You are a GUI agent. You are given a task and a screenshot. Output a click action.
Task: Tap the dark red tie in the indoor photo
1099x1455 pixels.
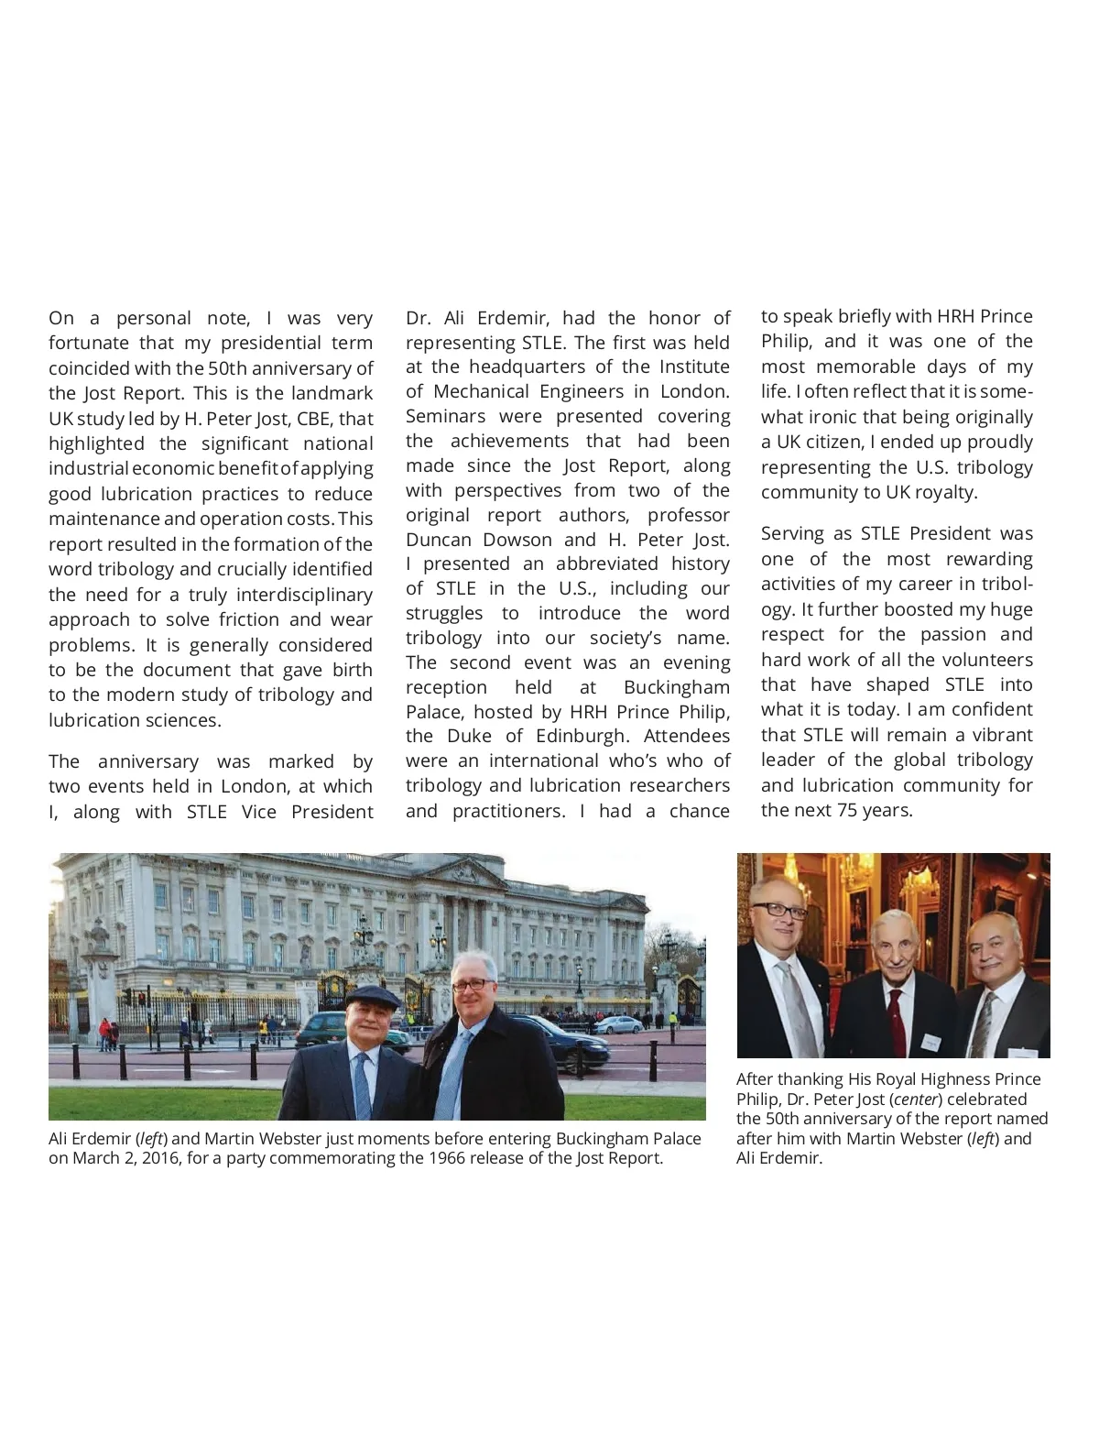897,1025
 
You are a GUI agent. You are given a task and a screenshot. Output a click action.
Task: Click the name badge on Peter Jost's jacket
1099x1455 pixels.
931,1042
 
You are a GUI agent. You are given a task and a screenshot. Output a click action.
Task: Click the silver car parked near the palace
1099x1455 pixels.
617,1024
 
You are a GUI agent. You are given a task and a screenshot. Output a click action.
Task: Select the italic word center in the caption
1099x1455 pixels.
915,1099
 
